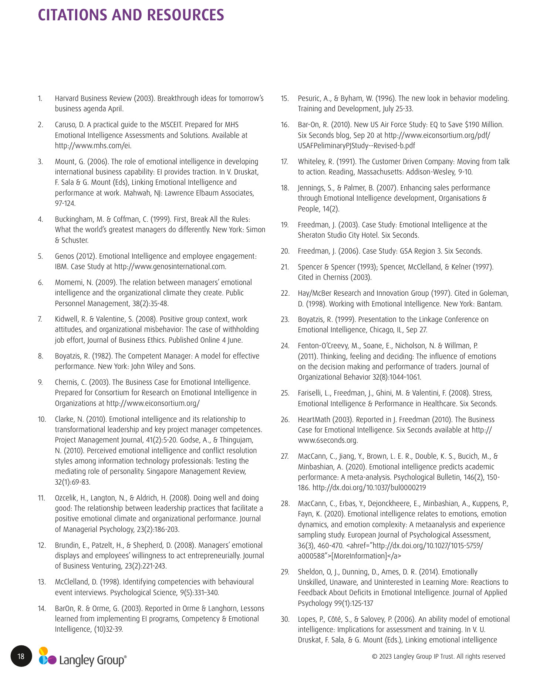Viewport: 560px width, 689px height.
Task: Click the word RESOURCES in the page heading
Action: coord(185,15)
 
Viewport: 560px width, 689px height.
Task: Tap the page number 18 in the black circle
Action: coord(21,656)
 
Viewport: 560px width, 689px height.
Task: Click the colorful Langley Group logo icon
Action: coord(47,656)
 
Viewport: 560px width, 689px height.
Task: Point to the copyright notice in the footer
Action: coord(438,656)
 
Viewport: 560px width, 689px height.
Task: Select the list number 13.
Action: coord(41,582)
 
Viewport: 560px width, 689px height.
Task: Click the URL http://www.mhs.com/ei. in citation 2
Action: coord(93,146)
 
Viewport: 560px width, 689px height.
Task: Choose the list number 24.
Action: coord(284,346)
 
